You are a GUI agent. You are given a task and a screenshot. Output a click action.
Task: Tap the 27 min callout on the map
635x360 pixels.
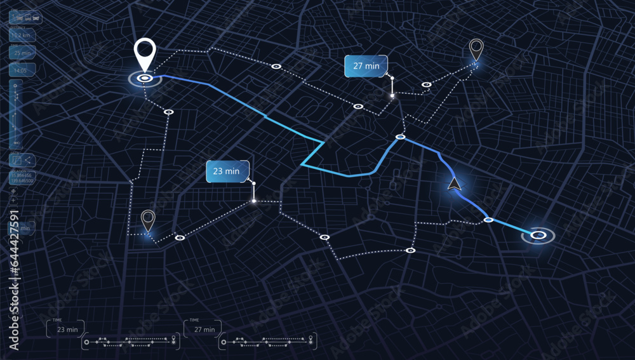pos(366,65)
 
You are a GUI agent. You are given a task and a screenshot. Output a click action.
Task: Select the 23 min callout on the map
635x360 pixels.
pos(226,171)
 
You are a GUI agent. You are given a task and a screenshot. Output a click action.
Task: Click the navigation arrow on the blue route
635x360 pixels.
pos(454,184)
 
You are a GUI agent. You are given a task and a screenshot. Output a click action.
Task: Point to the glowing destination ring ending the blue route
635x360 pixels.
pos(538,236)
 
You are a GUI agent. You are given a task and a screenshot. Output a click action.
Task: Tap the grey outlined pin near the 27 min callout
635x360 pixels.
pos(476,48)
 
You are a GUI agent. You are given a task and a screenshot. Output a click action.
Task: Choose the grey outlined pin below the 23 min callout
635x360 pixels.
pos(148,220)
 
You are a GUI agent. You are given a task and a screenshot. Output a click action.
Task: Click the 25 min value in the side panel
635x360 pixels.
pos(22,53)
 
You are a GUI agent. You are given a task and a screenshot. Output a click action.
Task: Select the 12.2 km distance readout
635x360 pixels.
pos(22,36)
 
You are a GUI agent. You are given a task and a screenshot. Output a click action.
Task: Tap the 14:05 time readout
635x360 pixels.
pos(22,70)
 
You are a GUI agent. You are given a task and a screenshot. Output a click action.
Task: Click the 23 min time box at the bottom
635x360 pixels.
pos(66,329)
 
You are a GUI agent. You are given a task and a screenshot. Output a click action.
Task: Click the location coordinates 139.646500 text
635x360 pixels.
pos(22,180)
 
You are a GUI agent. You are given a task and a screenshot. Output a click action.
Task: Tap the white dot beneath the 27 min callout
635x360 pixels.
pos(392,97)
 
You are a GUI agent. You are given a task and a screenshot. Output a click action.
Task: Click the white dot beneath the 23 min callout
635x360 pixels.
pos(254,201)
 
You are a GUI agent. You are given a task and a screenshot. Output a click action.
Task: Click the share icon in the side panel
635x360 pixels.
pos(29,161)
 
